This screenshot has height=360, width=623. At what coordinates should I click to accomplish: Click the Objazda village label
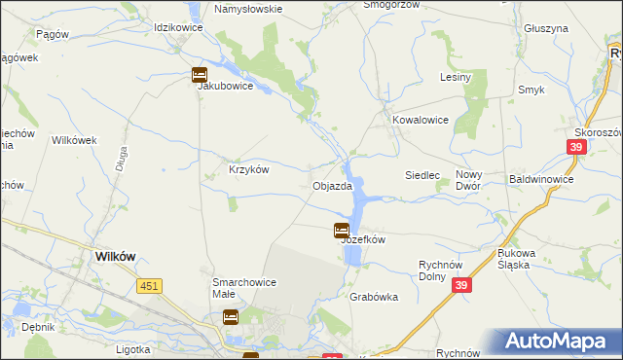[x=332, y=186]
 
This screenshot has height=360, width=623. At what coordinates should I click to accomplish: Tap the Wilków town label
[x=115, y=256]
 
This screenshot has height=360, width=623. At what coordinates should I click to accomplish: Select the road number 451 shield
[x=149, y=285]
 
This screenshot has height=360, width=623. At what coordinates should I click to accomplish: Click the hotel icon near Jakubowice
[x=199, y=74]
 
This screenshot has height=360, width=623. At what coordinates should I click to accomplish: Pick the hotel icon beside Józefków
[x=342, y=231]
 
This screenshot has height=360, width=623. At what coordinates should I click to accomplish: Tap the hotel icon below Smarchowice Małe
[x=231, y=316]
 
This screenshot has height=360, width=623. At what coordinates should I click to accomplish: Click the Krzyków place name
[x=248, y=168]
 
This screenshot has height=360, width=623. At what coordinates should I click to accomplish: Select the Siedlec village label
[x=423, y=175]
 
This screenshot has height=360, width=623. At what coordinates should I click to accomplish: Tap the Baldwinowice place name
[x=541, y=180]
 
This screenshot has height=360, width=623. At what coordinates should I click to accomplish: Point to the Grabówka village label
[x=374, y=298]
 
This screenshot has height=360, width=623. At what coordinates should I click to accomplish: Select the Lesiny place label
[x=456, y=77]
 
